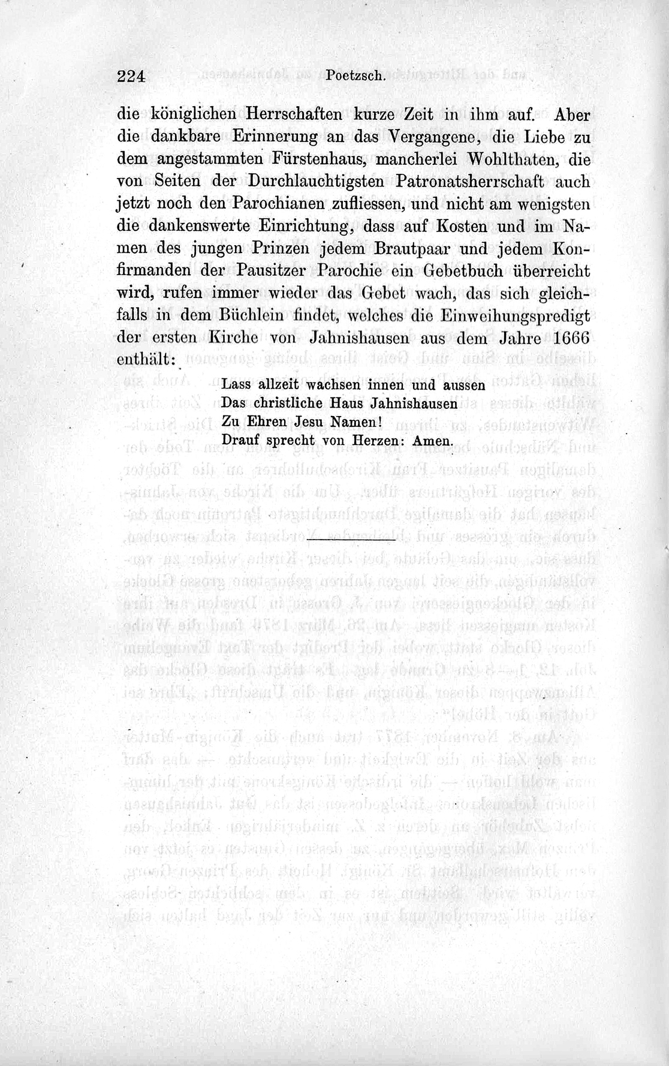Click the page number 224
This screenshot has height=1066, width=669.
pyautogui.click(x=132, y=76)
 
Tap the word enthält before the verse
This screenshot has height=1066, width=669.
pyautogui.click(x=144, y=360)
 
